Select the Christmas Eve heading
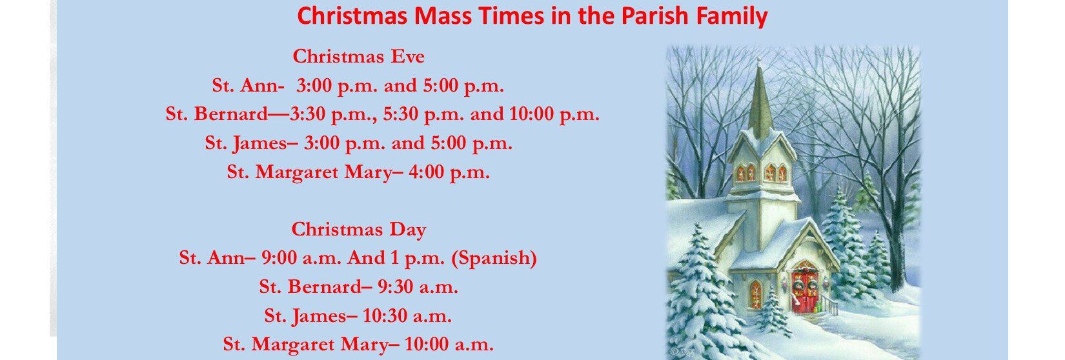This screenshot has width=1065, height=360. (358, 57)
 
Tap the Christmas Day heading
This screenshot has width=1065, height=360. (358, 230)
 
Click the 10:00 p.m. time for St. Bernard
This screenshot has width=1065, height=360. (554, 114)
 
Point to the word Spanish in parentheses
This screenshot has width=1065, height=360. (494, 258)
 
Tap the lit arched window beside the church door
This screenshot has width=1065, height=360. (755, 294)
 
